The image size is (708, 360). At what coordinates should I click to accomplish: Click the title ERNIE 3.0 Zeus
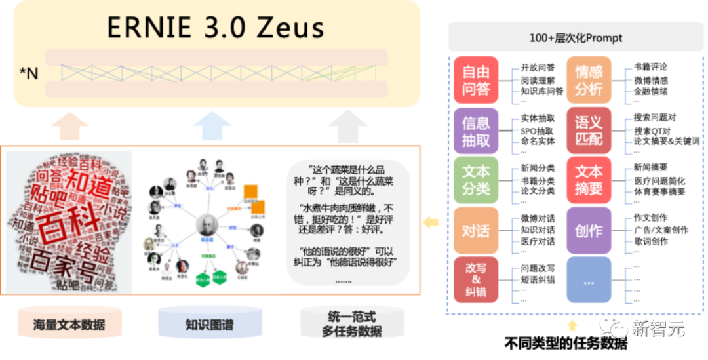[x=216, y=28]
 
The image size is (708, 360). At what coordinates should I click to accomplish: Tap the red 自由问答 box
[x=476, y=80]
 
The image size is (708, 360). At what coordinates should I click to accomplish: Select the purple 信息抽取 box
[x=476, y=130]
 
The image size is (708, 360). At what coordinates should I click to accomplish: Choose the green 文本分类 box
[x=476, y=180]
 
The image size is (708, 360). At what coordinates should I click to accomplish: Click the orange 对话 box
[x=476, y=231]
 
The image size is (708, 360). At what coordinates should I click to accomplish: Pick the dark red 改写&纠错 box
[x=476, y=280]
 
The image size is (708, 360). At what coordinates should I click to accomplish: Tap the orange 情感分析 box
[x=589, y=80]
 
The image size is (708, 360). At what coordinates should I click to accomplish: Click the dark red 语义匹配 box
[x=589, y=130]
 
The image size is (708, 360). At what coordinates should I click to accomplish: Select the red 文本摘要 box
[x=589, y=180]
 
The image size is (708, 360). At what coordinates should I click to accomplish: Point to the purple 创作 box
[x=589, y=231]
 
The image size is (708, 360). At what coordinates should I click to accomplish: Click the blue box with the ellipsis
[x=589, y=280]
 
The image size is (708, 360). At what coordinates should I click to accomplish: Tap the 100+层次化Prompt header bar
[x=576, y=38]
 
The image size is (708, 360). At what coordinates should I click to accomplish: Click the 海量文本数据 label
[x=69, y=325]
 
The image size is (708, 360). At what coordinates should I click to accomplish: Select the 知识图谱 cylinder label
[x=209, y=325]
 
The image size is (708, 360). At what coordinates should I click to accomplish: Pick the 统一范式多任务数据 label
[x=351, y=324]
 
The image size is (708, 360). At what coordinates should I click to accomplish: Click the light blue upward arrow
[x=211, y=126]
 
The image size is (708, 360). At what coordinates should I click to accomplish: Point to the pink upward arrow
[x=69, y=126]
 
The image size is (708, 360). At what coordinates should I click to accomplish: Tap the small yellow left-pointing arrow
[x=431, y=222]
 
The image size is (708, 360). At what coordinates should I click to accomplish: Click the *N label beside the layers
[x=29, y=73]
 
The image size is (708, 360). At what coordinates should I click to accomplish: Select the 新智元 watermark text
[x=658, y=328]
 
